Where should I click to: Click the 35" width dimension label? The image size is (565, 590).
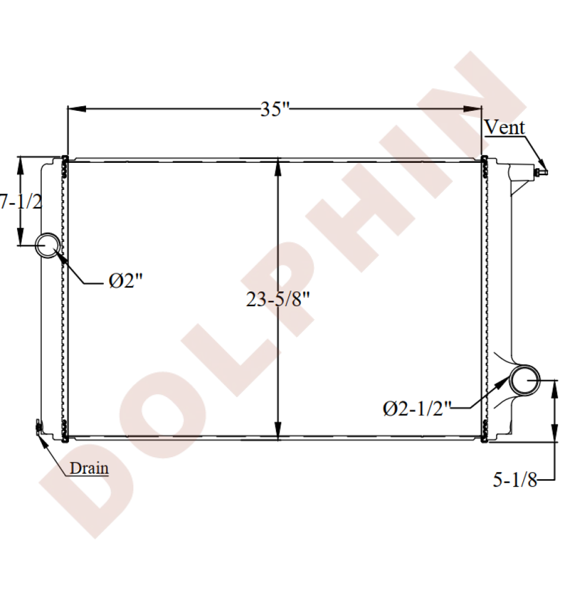(275, 109)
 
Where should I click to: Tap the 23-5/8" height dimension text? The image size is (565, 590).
(278, 300)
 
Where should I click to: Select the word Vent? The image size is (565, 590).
(504, 127)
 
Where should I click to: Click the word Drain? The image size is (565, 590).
(89, 468)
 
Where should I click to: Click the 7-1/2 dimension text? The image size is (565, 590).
(21, 202)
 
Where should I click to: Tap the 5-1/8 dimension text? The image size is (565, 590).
(515, 480)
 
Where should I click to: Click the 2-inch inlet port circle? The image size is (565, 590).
(48, 233)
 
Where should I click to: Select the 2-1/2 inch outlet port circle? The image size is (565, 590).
(524, 366)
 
